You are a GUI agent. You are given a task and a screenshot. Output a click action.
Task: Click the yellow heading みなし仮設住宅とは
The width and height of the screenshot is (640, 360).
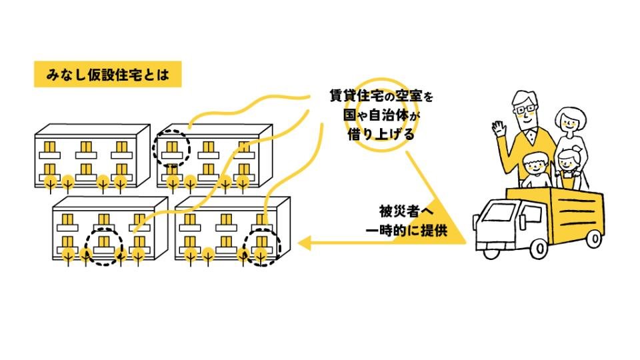[107, 75]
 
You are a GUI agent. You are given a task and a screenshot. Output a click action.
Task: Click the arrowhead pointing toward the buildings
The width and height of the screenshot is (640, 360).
[306, 242]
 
